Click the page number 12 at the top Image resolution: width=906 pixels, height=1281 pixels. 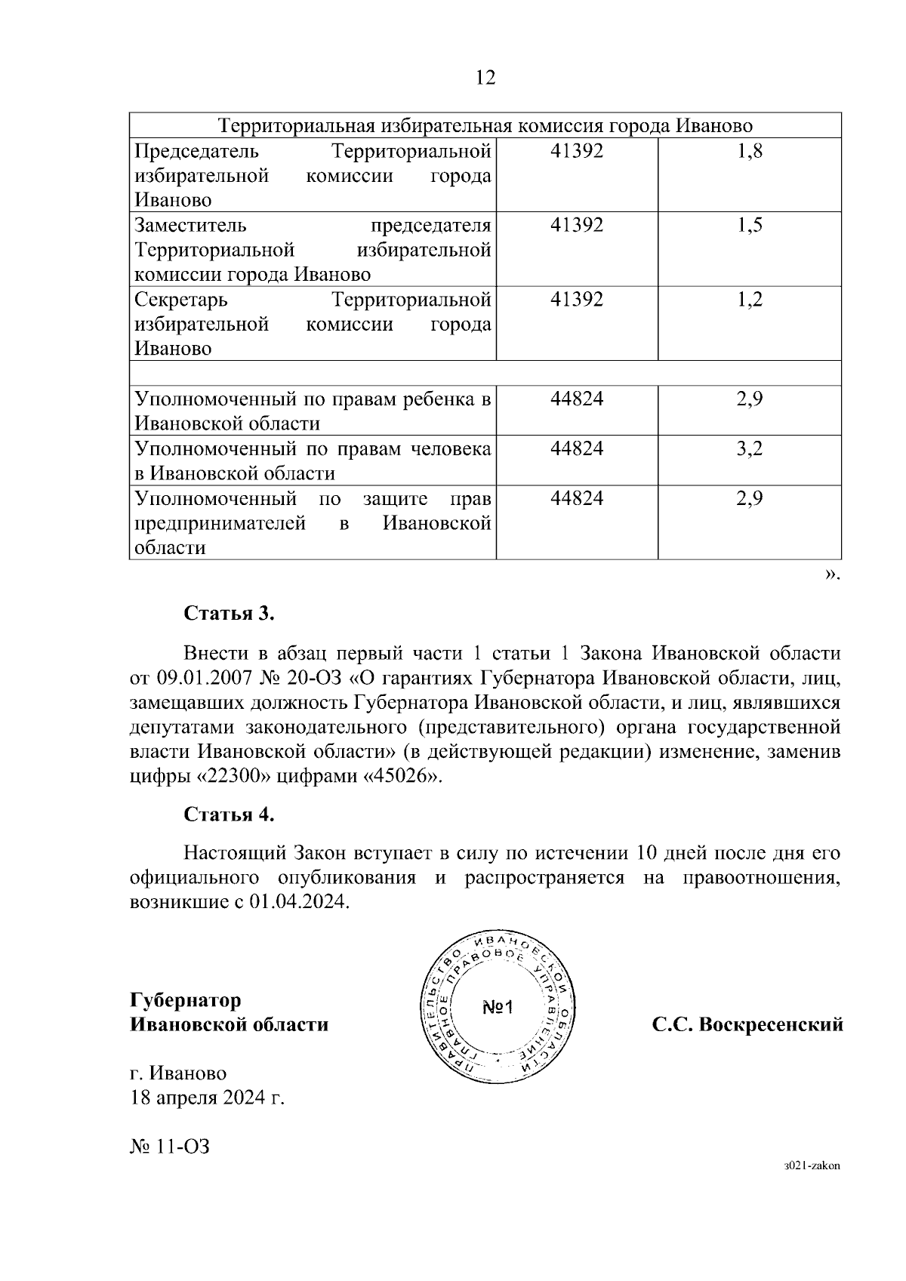pos(485,77)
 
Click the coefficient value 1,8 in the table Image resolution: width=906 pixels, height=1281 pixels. pos(750,151)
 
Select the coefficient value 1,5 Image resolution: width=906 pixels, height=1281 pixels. pos(750,225)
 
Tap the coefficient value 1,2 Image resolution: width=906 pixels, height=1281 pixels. pos(750,299)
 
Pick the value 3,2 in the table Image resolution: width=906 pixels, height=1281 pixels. pos(750,449)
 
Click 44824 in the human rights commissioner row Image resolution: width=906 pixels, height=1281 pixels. pos(577,449)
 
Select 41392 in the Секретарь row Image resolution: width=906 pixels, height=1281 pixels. pos(577,299)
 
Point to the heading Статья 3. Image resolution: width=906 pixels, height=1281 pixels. pos(230,613)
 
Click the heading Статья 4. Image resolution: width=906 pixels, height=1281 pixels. pos(230,814)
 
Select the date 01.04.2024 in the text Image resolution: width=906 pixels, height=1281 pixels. pos(297,902)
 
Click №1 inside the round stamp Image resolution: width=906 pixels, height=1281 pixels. pos(497,1007)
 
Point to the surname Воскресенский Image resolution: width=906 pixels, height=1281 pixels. pos(769,1025)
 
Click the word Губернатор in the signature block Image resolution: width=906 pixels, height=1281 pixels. pos(186,1000)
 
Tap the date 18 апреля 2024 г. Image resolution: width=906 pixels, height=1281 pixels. pos(207,1098)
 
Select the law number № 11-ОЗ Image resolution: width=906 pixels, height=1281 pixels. pos(169,1147)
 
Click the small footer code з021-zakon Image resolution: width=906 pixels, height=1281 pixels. pos(812,1186)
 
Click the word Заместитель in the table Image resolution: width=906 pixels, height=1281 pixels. pos(190,225)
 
